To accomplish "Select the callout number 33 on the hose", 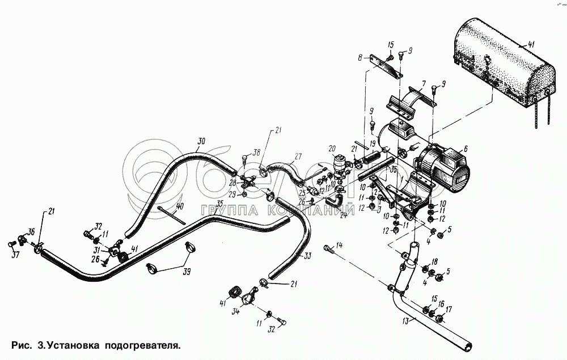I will (x=307, y=256).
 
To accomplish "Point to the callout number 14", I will (x=339, y=245).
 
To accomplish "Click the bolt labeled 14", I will (x=328, y=249).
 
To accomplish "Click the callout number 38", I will (x=257, y=153).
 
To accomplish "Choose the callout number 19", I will (x=372, y=144).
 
